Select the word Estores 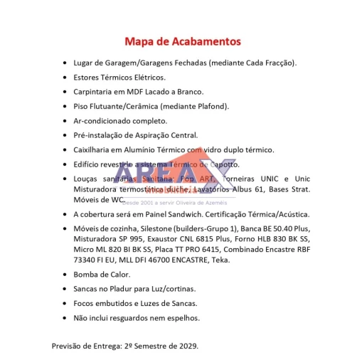click(87, 77)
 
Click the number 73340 click(87, 260)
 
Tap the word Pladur click(125, 289)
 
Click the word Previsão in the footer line click(68, 346)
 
